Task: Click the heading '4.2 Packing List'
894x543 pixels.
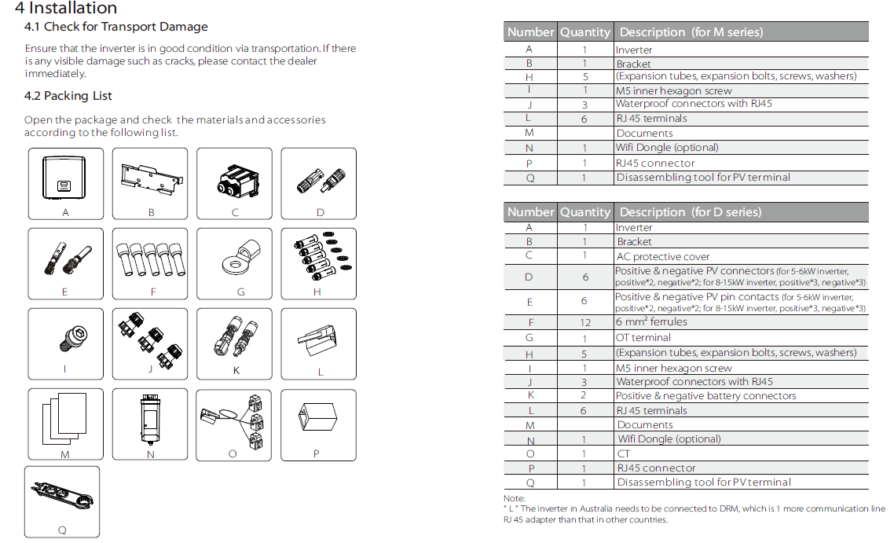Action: point(68,96)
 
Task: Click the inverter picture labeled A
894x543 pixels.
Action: point(65,178)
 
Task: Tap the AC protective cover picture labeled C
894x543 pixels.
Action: point(234,178)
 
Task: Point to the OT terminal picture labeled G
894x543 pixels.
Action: point(240,259)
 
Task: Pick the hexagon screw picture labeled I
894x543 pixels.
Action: point(65,338)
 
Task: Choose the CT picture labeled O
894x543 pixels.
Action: point(234,419)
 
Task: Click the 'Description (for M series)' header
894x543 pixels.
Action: point(691,32)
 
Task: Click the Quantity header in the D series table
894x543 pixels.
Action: point(584,212)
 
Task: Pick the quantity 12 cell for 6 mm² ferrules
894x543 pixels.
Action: point(584,322)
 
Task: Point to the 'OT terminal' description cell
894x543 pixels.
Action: point(643,338)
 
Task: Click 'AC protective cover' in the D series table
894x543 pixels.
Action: point(663,257)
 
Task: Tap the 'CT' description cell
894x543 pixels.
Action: point(624,454)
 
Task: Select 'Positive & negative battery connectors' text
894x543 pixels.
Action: point(705,396)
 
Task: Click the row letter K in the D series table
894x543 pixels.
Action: point(530,396)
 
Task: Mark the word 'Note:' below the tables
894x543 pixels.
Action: point(514,498)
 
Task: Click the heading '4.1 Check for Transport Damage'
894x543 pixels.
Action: point(116,27)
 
